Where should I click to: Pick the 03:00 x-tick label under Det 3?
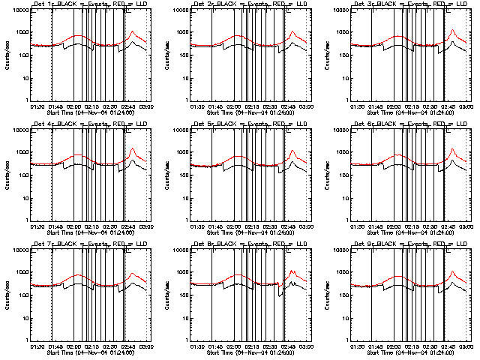click(x=465, y=107)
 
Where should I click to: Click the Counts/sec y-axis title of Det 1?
click(x=7, y=55)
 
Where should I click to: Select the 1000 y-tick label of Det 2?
click(x=178, y=32)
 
